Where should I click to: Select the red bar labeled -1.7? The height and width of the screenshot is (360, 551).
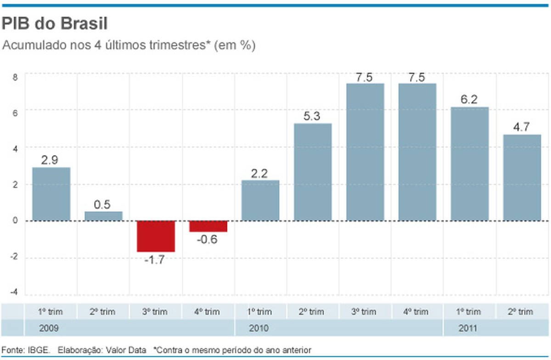tap(156, 236)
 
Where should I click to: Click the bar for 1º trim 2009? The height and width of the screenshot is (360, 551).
tap(51, 194)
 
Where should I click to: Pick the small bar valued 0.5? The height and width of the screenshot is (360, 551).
tap(103, 216)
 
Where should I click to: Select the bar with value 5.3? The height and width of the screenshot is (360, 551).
tap(313, 172)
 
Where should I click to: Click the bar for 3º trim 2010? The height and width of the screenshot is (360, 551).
tap(365, 152)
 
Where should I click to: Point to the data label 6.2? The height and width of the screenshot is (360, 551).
tap(470, 99)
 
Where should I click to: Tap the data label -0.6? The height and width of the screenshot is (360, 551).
tap(208, 240)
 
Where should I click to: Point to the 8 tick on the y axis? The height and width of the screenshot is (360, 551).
tap(14, 77)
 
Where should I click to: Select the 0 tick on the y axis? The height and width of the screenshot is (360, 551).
tap(15, 220)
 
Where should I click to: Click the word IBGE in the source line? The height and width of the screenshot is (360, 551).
tap(39, 350)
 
